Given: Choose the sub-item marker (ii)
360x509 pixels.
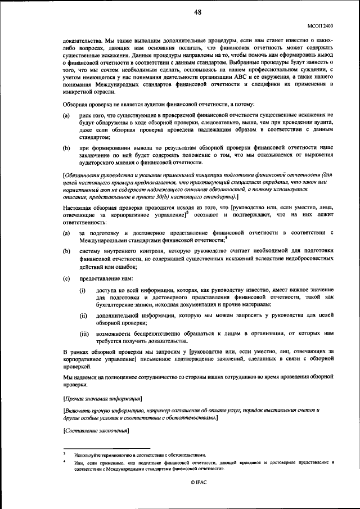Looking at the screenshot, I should pos(83,316).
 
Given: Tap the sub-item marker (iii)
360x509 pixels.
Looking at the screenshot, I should pos(84,334).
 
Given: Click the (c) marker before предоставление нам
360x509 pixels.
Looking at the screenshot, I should pos(66,278).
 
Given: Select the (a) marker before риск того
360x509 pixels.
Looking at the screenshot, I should pos(66,115).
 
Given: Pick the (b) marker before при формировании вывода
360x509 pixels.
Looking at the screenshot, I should pos(66,147).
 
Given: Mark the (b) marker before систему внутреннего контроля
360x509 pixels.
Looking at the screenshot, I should pos(66,250).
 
